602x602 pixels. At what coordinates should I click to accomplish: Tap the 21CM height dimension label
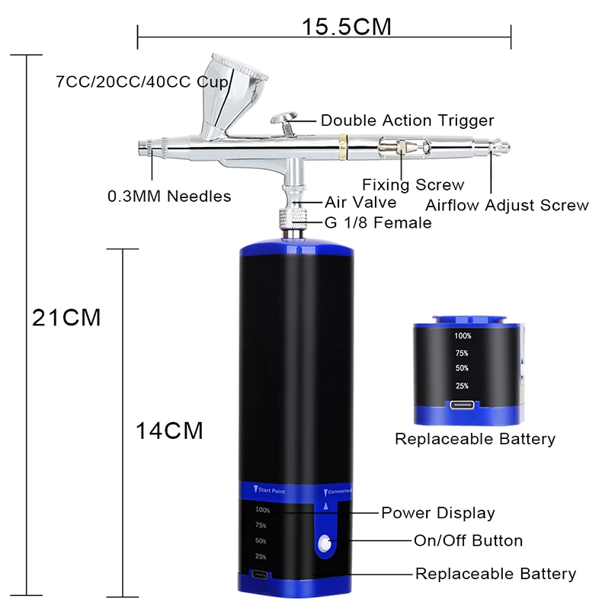coord(66,317)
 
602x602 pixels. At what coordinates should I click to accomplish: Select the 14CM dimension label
coord(169,431)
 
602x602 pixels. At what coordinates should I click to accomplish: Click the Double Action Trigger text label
coord(407,120)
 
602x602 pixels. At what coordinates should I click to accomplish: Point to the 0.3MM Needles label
coord(169,196)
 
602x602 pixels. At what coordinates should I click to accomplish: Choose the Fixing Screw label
coord(413,184)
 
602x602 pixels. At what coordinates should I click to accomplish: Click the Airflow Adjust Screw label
coord(507,205)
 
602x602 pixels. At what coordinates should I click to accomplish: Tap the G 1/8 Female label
coord(378,223)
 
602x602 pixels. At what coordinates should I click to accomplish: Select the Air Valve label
coord(360,202)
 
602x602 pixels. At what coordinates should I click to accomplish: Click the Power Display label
coord(437,513)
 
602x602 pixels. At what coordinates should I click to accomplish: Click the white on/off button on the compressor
coord(325,543)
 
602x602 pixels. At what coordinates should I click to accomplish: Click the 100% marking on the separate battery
coord(462,335)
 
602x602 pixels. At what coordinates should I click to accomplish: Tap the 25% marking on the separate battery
coord(462,386)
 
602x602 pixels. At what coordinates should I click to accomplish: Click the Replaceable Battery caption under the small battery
coord(475,439)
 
